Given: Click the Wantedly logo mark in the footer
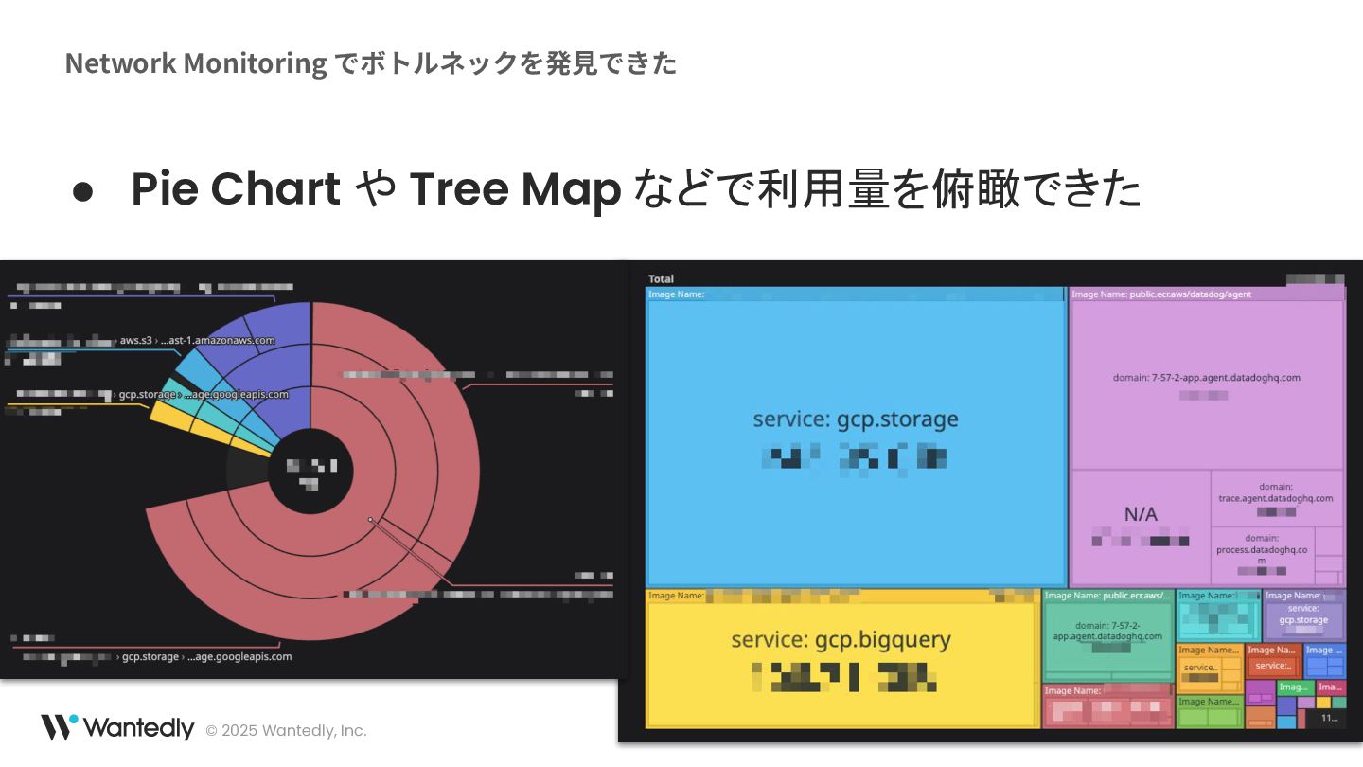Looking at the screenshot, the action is tap(59, 727).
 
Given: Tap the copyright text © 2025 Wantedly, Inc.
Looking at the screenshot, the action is tap(286, 730).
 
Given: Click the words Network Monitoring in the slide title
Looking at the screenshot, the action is tap(196, 62).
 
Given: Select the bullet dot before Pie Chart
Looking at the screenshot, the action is tap(83, 190).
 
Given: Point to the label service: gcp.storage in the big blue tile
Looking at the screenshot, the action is tap(856, 419).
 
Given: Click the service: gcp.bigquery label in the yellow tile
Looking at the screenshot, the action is tap(841, 639).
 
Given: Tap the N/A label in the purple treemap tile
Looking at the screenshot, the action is tap(1140, 514).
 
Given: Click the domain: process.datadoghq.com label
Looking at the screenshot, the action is tap(1262, 549).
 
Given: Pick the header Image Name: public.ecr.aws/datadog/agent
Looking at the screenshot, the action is tap(1161, 294).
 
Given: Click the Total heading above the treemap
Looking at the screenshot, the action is tap(661, 278).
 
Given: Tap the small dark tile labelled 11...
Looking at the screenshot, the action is tap(1329, 719).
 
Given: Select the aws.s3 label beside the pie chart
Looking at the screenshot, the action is tap(136, 340).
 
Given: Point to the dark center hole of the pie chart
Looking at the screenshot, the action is tap(310, 472).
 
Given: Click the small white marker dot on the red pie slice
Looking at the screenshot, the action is tap(370, 519).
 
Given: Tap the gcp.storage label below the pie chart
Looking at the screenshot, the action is tap(150, 656).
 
